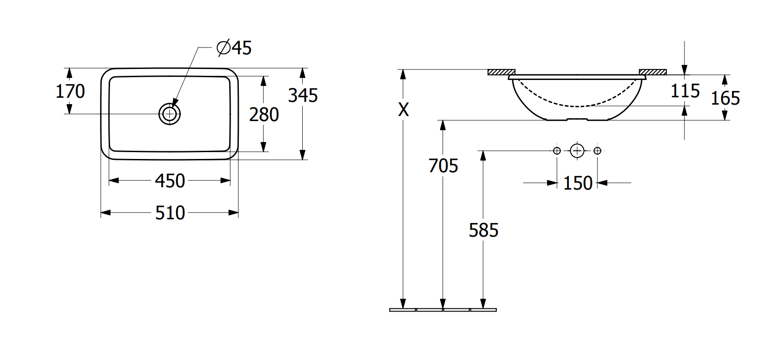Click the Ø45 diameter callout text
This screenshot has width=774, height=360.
234,48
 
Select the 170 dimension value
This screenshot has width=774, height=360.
70,91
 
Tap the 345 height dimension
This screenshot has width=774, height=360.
303,95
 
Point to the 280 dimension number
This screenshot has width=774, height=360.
264,115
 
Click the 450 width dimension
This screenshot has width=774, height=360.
170,181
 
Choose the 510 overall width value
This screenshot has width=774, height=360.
170,213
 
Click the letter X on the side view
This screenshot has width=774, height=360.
403,110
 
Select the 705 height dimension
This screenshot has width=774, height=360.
443,165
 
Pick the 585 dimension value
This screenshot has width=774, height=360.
484,230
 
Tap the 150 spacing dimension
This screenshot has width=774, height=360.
578,183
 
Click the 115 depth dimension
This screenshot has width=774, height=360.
685,91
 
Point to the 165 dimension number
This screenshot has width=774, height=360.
725,98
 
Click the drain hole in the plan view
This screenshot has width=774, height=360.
169,114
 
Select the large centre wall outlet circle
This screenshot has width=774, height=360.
577,150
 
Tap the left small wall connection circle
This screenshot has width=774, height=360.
557,150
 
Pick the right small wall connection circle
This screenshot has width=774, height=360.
598,150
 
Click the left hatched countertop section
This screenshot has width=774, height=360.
501,72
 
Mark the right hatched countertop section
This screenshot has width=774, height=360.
653,72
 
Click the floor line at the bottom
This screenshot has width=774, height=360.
443,310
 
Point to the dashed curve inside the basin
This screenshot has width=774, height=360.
578,106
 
